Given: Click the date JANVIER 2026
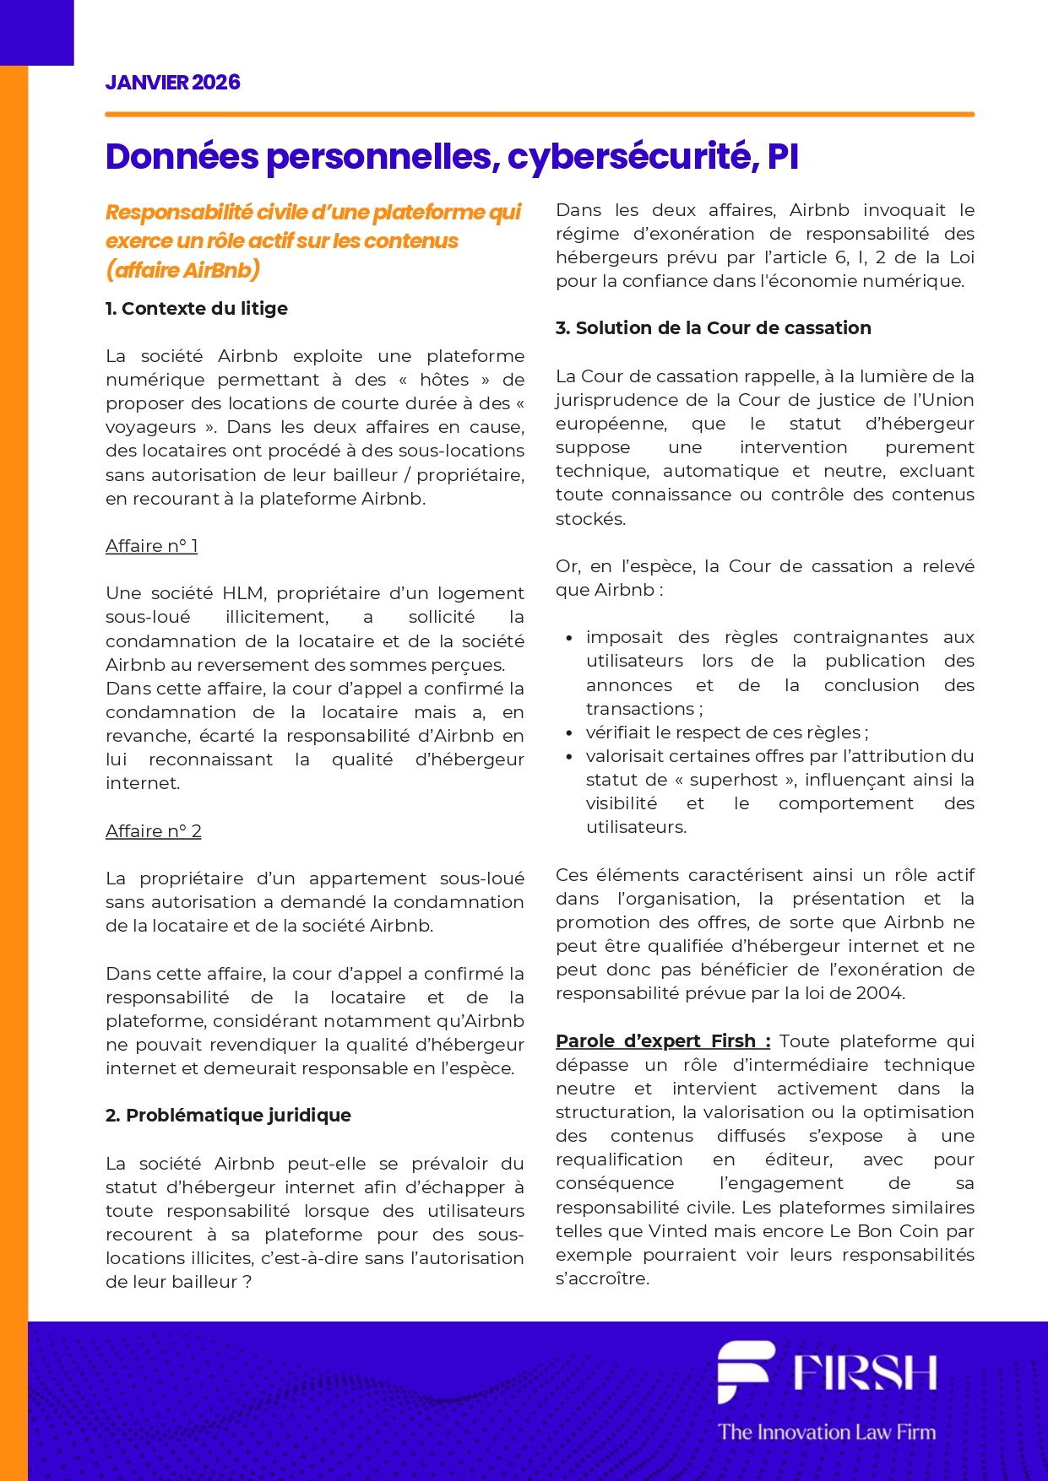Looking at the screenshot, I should tap(172, 83).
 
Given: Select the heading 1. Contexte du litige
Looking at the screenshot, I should tap(196, 309).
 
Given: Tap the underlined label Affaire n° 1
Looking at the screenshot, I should tap(151, 546).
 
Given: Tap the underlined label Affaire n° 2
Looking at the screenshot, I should tap(153, 831).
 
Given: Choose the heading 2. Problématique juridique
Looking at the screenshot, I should tap(228, 1116).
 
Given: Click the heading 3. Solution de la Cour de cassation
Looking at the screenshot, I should tap(713, 328).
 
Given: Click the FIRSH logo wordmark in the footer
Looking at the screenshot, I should tap(865, 1373).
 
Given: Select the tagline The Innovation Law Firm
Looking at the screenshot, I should tap(827, 1432).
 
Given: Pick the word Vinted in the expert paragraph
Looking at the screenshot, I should tap(677, 1231).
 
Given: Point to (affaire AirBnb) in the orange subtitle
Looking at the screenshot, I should tap(182, 270).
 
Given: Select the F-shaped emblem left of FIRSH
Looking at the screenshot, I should tap(743, 1371).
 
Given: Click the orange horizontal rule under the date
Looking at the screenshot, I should tap(540, 114).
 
